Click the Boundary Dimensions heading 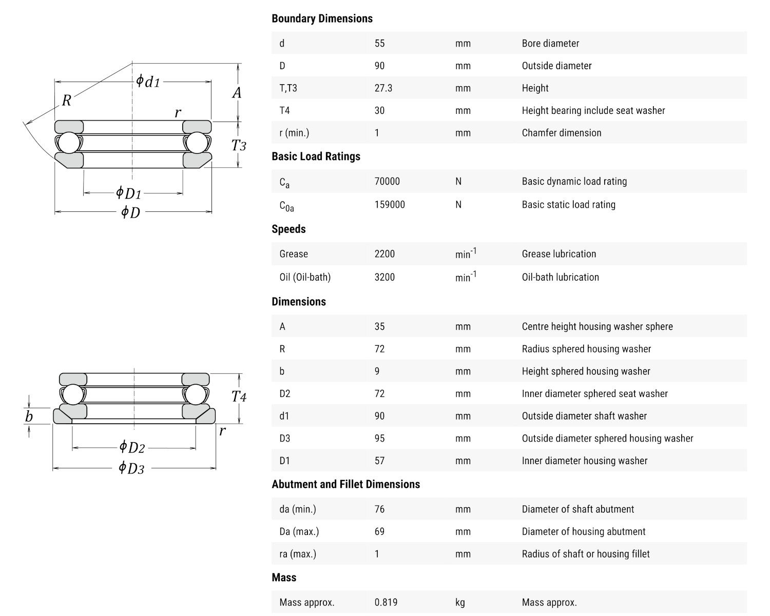(x=322, y=18)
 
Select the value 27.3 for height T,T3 (x=383, y=88)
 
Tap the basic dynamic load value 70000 (x=387, y=181)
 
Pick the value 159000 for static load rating (x=390, y=204)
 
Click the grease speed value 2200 (x=384, y=254)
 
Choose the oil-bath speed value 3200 (x=384, y=277)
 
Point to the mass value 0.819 (x=386, y=602)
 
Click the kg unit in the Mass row (x=460, y=602)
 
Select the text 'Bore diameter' (x=550, y=44)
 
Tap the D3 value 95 (x=379, y=439)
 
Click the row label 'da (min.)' (x=298, y=509)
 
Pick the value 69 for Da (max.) (x=379, y=531)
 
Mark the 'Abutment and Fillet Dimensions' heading (x=345, y=484)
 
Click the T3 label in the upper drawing (x=239, y=146)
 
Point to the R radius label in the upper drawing (x=66, y=101)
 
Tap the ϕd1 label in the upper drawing (x=148, y=82)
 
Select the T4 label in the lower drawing (x=239, y=396)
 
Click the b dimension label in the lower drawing (x=29, y=416)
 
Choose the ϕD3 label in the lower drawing (x=131, y=468)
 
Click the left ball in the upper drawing (x=68, y=142)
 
